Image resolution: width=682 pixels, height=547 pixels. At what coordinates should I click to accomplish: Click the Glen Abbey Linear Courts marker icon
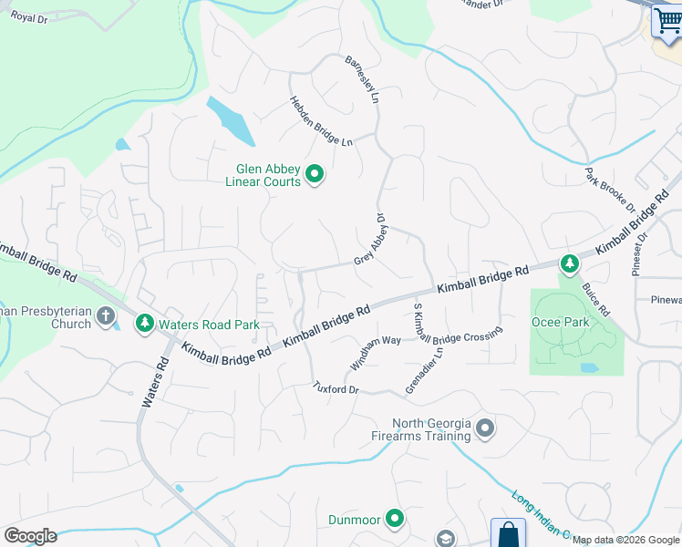(x=315, y=173)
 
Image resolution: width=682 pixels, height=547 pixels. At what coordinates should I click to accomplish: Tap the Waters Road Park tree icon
(x=144, y=323)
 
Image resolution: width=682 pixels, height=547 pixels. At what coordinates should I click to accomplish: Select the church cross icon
(x=106, y=316)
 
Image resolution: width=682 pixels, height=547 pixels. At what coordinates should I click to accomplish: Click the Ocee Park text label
(x=560, y=322)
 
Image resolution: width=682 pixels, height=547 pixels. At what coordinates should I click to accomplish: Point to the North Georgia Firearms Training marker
(x=485, y=428)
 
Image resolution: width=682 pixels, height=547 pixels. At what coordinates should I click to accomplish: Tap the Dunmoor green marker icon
(x=395, y=520)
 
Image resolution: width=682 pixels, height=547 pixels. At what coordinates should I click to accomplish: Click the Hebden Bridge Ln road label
(x=321, y=122)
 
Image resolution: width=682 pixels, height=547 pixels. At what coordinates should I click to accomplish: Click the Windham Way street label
(x=374, y=353)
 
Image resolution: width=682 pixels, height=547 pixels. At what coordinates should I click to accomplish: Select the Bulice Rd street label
(x=597, y=299)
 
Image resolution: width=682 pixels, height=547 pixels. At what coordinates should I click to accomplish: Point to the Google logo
(x=30, y=536)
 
